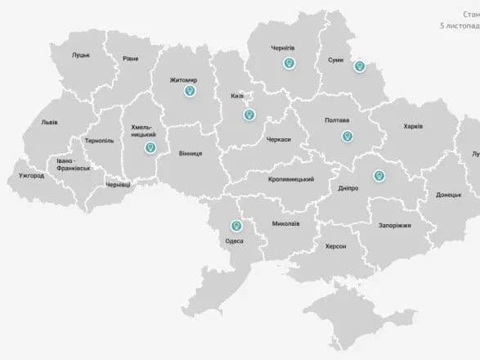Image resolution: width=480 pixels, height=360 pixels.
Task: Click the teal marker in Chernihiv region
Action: tap(289, 63)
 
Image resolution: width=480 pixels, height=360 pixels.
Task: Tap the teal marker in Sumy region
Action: tap(358, 67)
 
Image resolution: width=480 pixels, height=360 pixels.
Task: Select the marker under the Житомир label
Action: tap(191, 92)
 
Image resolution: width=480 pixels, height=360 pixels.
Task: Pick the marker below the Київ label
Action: tap(249, 115)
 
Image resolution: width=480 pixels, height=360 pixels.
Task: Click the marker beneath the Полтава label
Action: tap(347, 136)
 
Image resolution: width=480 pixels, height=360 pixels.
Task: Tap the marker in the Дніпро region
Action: tap(378, 175)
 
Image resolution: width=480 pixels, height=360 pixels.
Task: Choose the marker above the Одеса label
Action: tap(237, 225)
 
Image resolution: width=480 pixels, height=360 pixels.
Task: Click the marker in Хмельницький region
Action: tap(150, 147)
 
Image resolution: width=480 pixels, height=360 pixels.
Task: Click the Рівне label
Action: tap(131, 59)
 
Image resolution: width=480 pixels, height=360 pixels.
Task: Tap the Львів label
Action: tap(49, 124)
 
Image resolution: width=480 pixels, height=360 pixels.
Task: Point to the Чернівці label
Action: tap(119, 185)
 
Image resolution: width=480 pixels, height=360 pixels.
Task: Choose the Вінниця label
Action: tap(189, 153)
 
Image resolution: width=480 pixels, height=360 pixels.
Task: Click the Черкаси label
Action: tap(278, 140)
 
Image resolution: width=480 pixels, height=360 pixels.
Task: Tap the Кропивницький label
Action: tap(291, 179)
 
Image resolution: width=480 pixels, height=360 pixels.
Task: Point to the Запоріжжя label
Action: tap(394, 225)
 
